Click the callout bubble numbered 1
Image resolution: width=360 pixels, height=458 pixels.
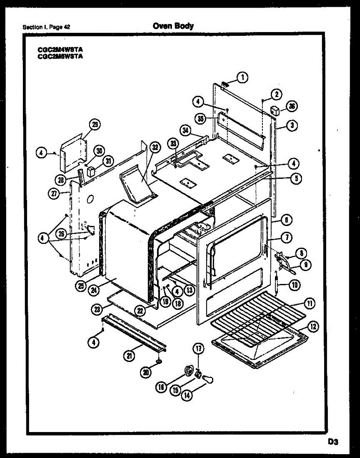click(x=242, y=77)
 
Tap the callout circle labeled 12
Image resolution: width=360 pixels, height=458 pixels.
click(x=313, y=327)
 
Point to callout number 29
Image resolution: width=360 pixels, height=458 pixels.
click(x=95, y=125)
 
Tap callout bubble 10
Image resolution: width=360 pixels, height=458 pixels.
click(x=296, y=284)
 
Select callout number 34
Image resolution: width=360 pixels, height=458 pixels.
click(x=186, y=131)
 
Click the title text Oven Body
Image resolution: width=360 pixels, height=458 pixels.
click(x=173, y=26)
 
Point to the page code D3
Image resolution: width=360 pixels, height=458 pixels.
click(x=333, y=442)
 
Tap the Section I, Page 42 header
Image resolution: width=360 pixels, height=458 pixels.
click(x=46, y=27)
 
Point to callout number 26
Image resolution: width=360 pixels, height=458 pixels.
click(x=61, y=233)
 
